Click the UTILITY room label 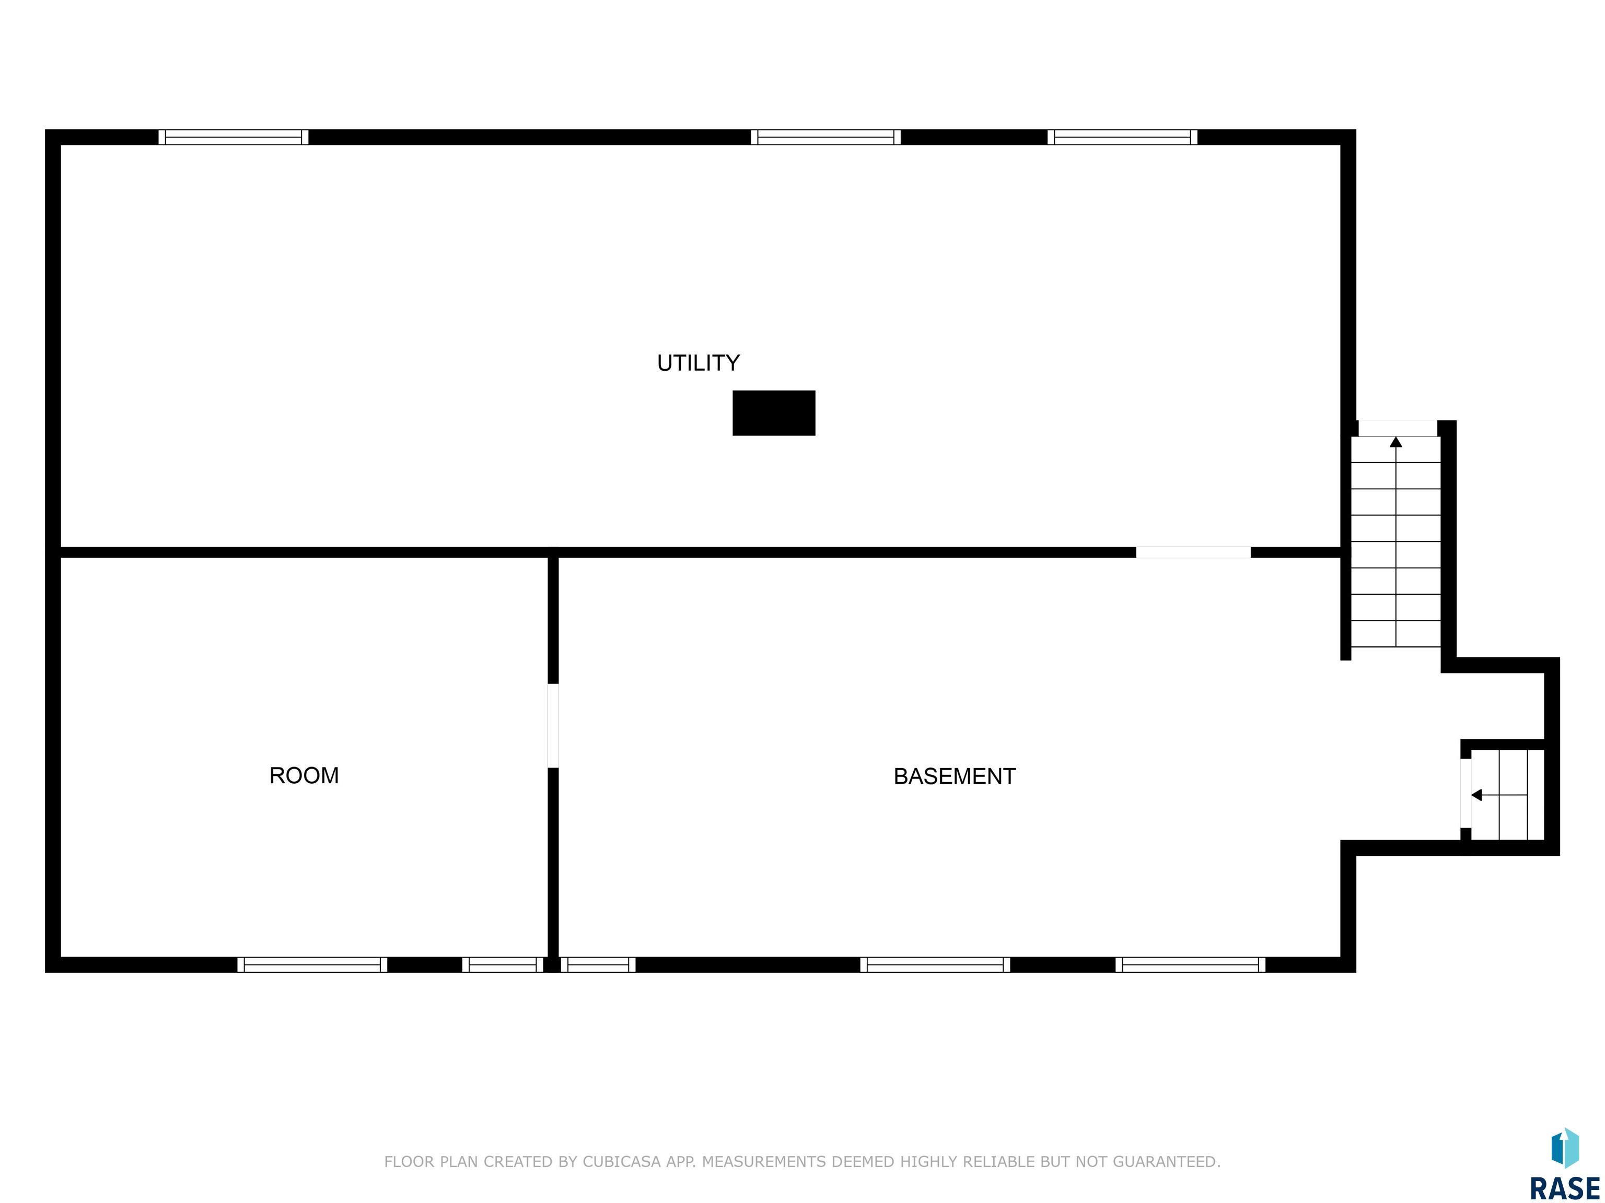click(x=698, y=362)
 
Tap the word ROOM click(x=304, y=775)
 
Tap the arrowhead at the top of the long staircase click(x=1395, y=442)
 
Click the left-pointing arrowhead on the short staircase click(x=1476, y=795)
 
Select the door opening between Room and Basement click(x=553, y=725)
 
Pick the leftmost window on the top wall click(x=234, y=137)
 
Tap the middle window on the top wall click(x=825, y=137)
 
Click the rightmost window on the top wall click(x=1122, y=137)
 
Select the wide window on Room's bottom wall click(x=312, y=964)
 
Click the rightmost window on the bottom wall click(x=1190, y=964)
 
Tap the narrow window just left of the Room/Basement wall click(x=503, y=964)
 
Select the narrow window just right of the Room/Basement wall click(x=598, y=964)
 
